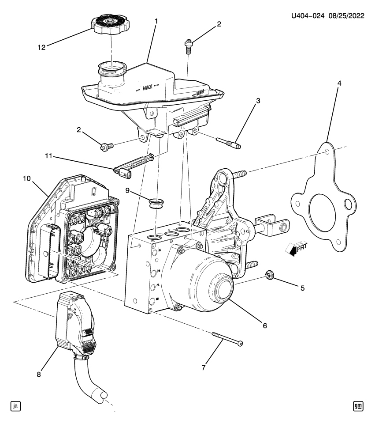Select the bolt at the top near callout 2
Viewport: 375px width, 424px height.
point(188,45)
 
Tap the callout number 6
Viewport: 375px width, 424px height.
point(264,326)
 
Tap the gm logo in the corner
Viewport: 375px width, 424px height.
point(359,405)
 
